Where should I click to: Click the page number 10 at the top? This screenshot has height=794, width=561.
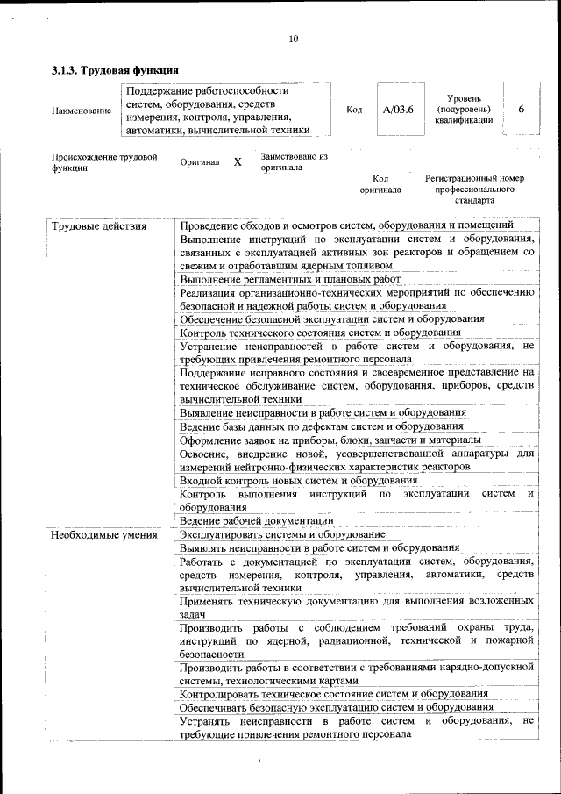pyautogui.click(x=293, y=38)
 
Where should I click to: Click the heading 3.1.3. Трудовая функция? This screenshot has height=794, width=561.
pyautogui.click(x=116, y=69)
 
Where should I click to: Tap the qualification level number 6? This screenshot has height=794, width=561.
pyautogui.click(x=522, y=109)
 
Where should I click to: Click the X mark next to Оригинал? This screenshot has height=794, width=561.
pyautogui.click(x=238, y=163)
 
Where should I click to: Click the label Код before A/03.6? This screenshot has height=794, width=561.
pyautogui.click(x=355, y=110)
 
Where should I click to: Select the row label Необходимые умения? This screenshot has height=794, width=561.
pyautogui.click(x=103, y=534)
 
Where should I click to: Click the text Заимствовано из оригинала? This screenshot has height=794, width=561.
pyautogui.click(x=293, y=161)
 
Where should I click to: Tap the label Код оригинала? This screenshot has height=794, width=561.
pyautogui.click(x=380, y=183)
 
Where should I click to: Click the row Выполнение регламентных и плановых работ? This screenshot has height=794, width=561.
pyautogui.click(x=289, y=279)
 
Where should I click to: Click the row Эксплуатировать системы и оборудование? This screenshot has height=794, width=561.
pyautogui.click(x=282, y=534)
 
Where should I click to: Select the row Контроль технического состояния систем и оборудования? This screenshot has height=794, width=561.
pyautogui.click(x=320, y=332)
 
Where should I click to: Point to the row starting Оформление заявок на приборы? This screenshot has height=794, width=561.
pyautogui.click(x=330, y=439)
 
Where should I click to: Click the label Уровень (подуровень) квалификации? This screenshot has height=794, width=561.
pyautogui.click(x=463, y=110)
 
